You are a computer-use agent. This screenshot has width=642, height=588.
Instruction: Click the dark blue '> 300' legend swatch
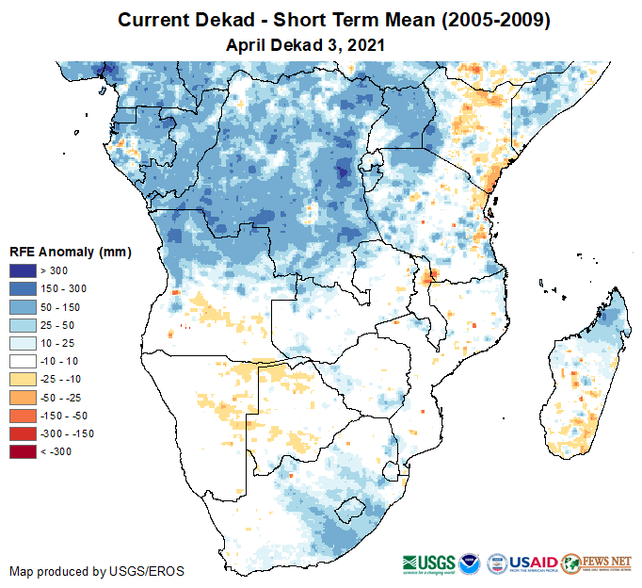[24, 271]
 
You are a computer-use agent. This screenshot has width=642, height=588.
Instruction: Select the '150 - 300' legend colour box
[24, 289]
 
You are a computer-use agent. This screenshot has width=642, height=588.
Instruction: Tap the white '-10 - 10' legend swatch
[24, 361]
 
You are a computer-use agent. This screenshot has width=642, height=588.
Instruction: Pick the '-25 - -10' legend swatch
[24, 379]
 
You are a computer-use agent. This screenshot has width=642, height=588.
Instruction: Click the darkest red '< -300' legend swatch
[24, 451]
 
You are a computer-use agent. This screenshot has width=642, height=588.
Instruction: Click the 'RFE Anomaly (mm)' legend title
[70, 252]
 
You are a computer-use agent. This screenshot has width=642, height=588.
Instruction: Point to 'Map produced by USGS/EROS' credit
[97, 571]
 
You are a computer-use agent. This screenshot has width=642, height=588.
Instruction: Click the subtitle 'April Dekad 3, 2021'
[306, 44]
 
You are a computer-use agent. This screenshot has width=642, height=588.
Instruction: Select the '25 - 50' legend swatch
[24, 325]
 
